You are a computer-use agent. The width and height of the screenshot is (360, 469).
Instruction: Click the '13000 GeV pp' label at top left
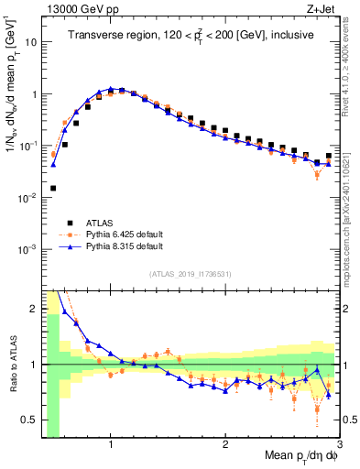tap(74, 10)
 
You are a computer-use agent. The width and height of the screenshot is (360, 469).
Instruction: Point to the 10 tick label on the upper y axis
tap(30, 42)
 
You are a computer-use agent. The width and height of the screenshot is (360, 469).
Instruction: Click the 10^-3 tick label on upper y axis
tap(27, 249)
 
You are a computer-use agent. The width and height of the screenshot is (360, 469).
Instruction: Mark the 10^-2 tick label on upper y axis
tap(27, 198)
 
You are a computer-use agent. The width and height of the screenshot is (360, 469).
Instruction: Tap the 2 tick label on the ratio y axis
tap(35, 309)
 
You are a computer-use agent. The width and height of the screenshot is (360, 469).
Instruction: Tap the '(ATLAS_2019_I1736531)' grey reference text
tap(191, 273)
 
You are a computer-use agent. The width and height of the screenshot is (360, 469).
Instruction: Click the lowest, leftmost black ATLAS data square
tap(53, 188)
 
